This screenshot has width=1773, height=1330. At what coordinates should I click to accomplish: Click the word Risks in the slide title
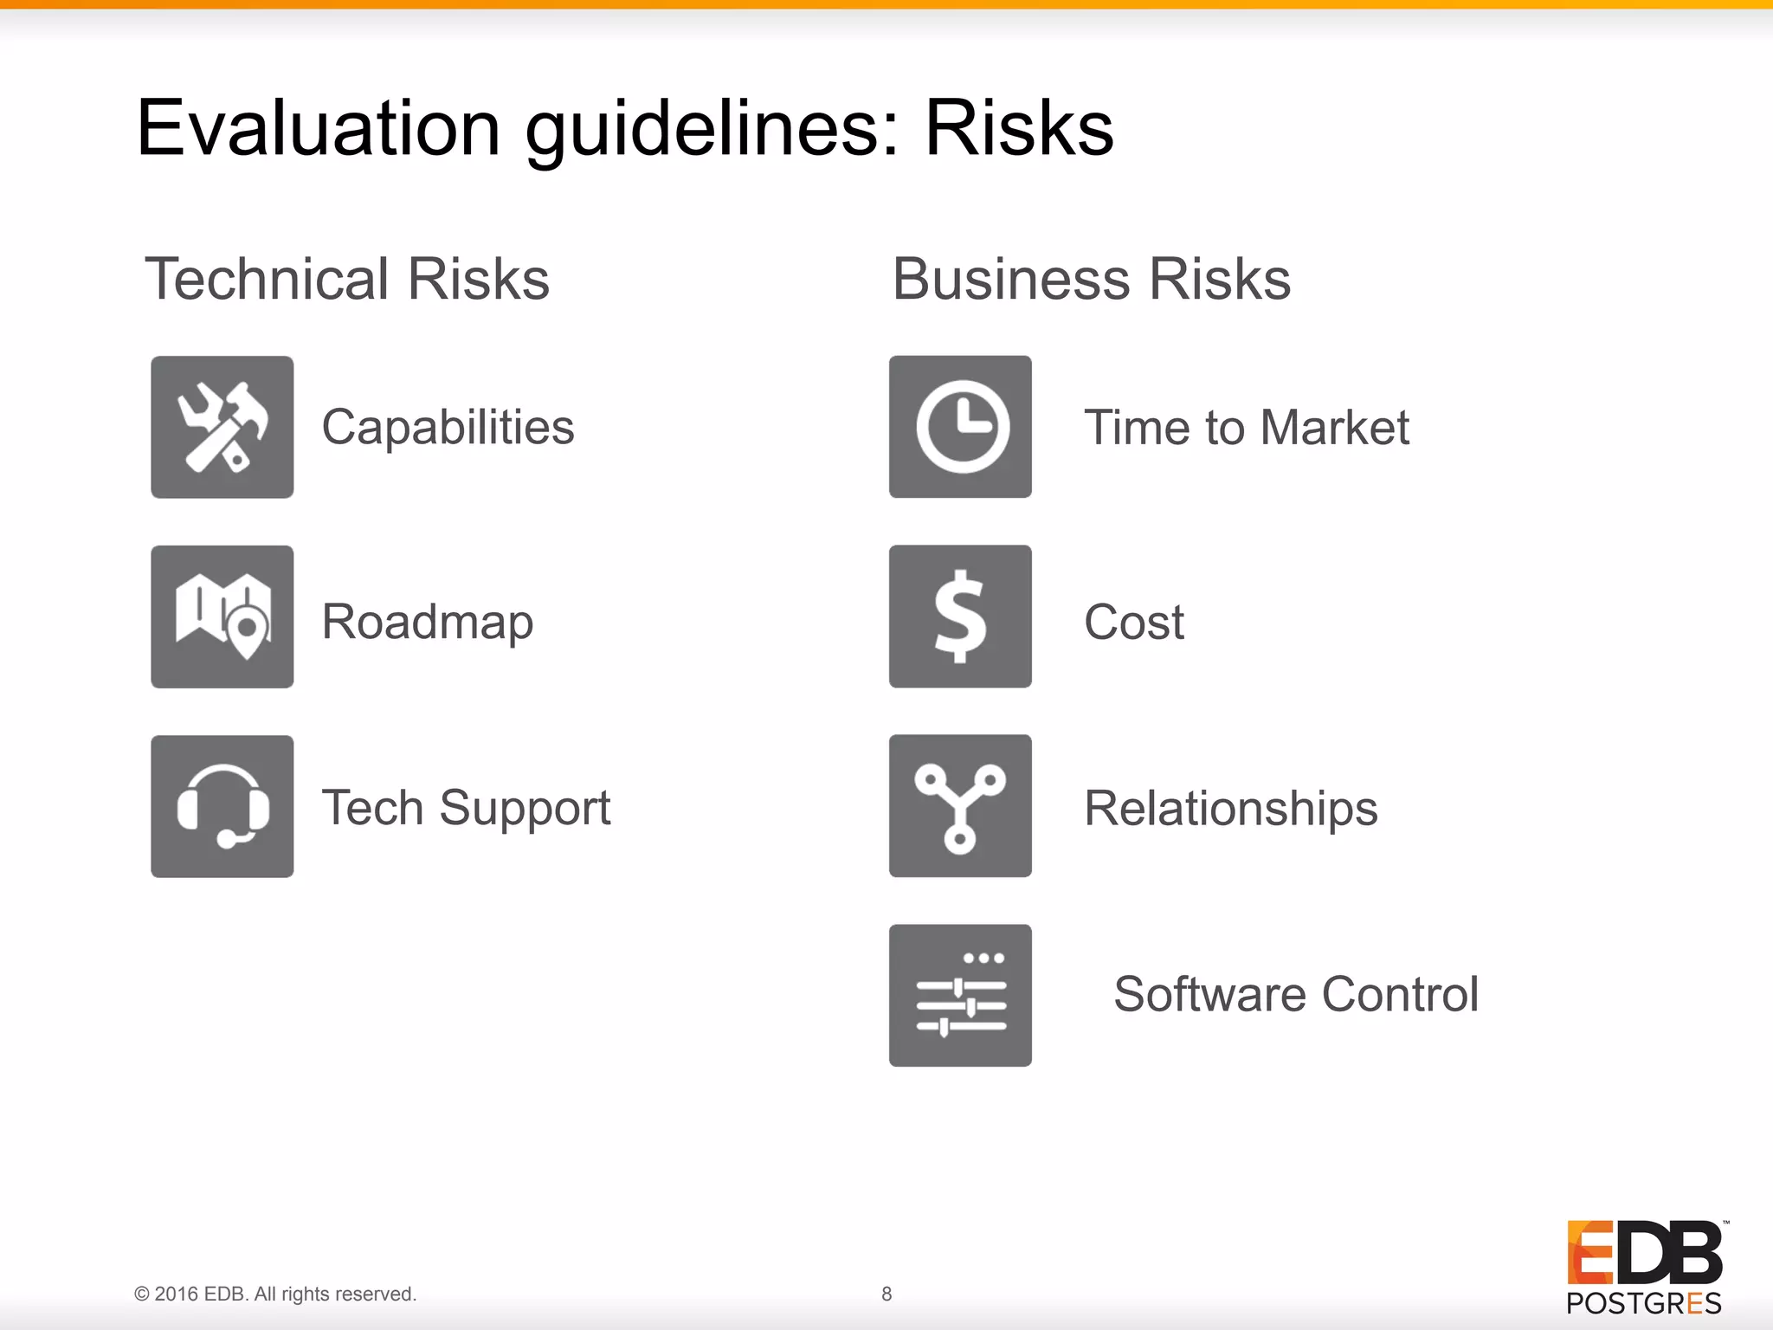pyautogui.click(x=1019, y=128)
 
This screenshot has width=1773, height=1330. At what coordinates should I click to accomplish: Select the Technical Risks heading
pyautogui.click(x=347, y=279)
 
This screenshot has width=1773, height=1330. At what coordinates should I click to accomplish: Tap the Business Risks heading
pyautogui.click(x=1091, y=279)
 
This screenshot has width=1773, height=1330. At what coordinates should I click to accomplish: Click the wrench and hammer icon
pyautogui.click(x=222, y=427)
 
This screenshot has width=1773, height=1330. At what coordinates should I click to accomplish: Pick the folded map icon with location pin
pyautogui.click(x=222, y=617)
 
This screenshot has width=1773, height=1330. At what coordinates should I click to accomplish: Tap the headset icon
pyautogui.click(x=222, y=806)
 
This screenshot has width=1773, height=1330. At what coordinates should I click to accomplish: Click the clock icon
pyautogui.click(x=960, y=427)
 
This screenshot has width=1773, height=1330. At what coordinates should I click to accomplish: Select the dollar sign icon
pyautogui.click(x=960, y=617)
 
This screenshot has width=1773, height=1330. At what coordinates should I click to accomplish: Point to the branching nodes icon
pyautogui.click(x=960, y=806)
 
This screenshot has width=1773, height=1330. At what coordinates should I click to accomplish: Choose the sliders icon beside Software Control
pyautogui.click(x=960, y=995)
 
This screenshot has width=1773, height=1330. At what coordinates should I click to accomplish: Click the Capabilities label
pyautogui.click(x=448, y=427)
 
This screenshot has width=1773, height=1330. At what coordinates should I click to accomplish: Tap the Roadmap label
pyautogui.click(x=427, y=622)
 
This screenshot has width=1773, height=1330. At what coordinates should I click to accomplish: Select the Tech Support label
pyautogui.click(x=466, y=808)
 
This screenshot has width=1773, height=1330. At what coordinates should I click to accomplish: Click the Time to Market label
pyautogui.click(x=1247, y=427)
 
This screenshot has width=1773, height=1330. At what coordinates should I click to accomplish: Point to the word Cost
pyautogui.click(x=1133, y=622)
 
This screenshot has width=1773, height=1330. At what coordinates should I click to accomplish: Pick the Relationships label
pyautogui.click(x=1230, y=808)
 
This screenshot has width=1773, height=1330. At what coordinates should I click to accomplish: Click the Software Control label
pyautogui.click(x=1296, y=994)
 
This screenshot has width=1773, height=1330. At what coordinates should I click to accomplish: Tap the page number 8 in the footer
pyautogui.click(x=886, y=1294)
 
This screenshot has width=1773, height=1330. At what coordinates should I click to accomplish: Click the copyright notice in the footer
pyautogui.click(x=275, y=1294)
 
